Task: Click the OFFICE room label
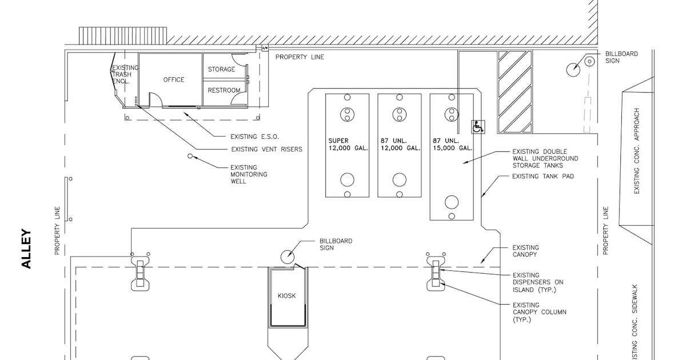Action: click(174, 79)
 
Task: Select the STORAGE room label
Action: click(221, 69)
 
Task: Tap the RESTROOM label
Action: click(224, 90)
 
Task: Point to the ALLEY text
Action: click(26, 249)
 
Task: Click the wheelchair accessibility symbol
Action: click(477, 127)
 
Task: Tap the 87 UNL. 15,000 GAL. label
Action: click(452, 144)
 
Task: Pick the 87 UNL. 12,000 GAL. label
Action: click(400, 144)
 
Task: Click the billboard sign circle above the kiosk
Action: click(287, 257)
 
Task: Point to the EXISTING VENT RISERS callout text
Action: click(266, 150)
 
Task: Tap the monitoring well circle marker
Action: click(190, 155)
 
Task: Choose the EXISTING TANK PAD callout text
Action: click(543, 177)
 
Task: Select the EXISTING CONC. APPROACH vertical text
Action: click(637, 151)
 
